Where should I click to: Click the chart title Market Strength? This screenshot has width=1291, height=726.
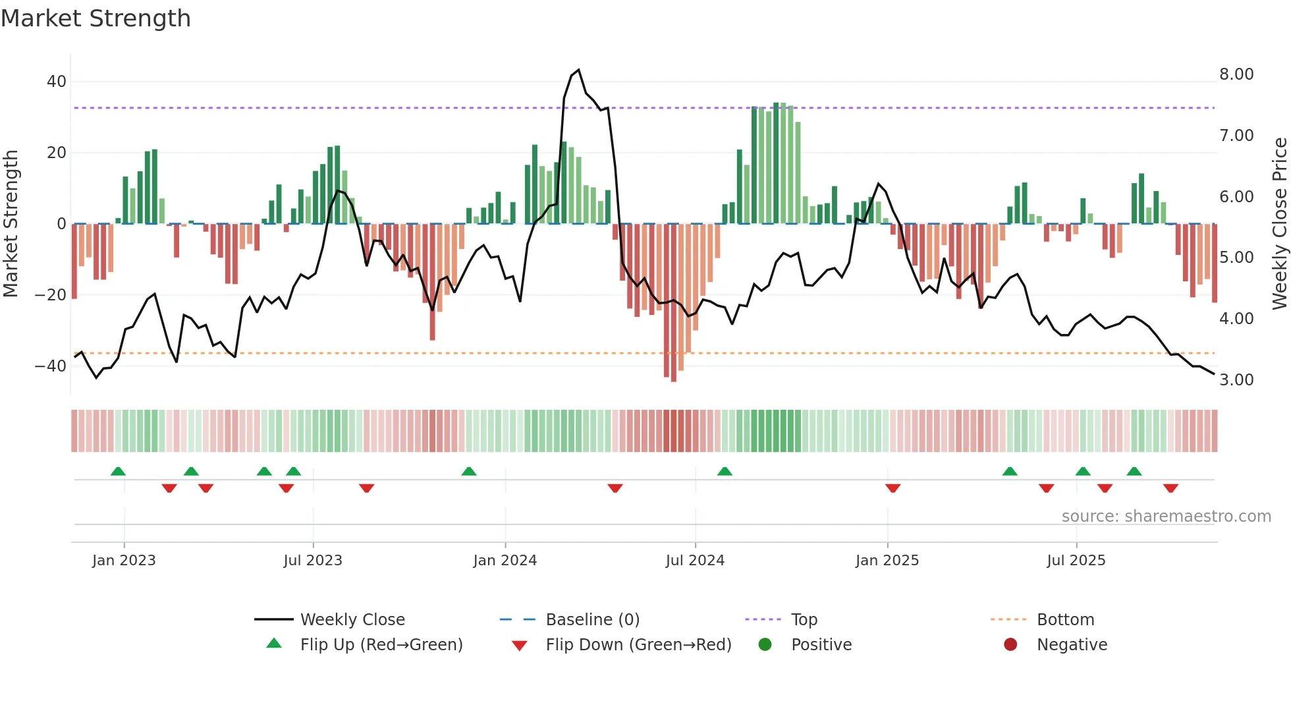(x=96, y=18)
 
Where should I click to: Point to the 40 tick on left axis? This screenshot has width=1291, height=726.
(x=57, y=82)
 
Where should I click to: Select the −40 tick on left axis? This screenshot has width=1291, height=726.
(x=51, y=366)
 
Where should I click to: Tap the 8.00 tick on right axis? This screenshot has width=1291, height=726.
(x=1236, y=74)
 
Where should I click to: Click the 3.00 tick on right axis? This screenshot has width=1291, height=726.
(x=1236, y=380)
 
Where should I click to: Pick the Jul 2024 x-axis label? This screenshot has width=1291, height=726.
(x=695, y=561)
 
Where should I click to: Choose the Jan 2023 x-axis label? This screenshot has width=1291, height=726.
(x=124, y=561)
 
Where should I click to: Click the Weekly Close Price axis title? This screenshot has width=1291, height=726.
(x=1279, y=224)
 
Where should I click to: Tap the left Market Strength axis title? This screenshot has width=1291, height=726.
(x=11, y=224)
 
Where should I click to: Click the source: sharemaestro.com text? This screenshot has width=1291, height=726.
(x=1166, y=517)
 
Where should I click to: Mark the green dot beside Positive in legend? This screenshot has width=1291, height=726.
(x=765, y=644)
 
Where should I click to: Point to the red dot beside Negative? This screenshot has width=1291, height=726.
(x=1010, y=644)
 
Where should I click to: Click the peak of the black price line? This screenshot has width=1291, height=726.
(x=578, y=70)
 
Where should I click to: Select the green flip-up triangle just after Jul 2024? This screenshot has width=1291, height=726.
(x=725, y=472)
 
